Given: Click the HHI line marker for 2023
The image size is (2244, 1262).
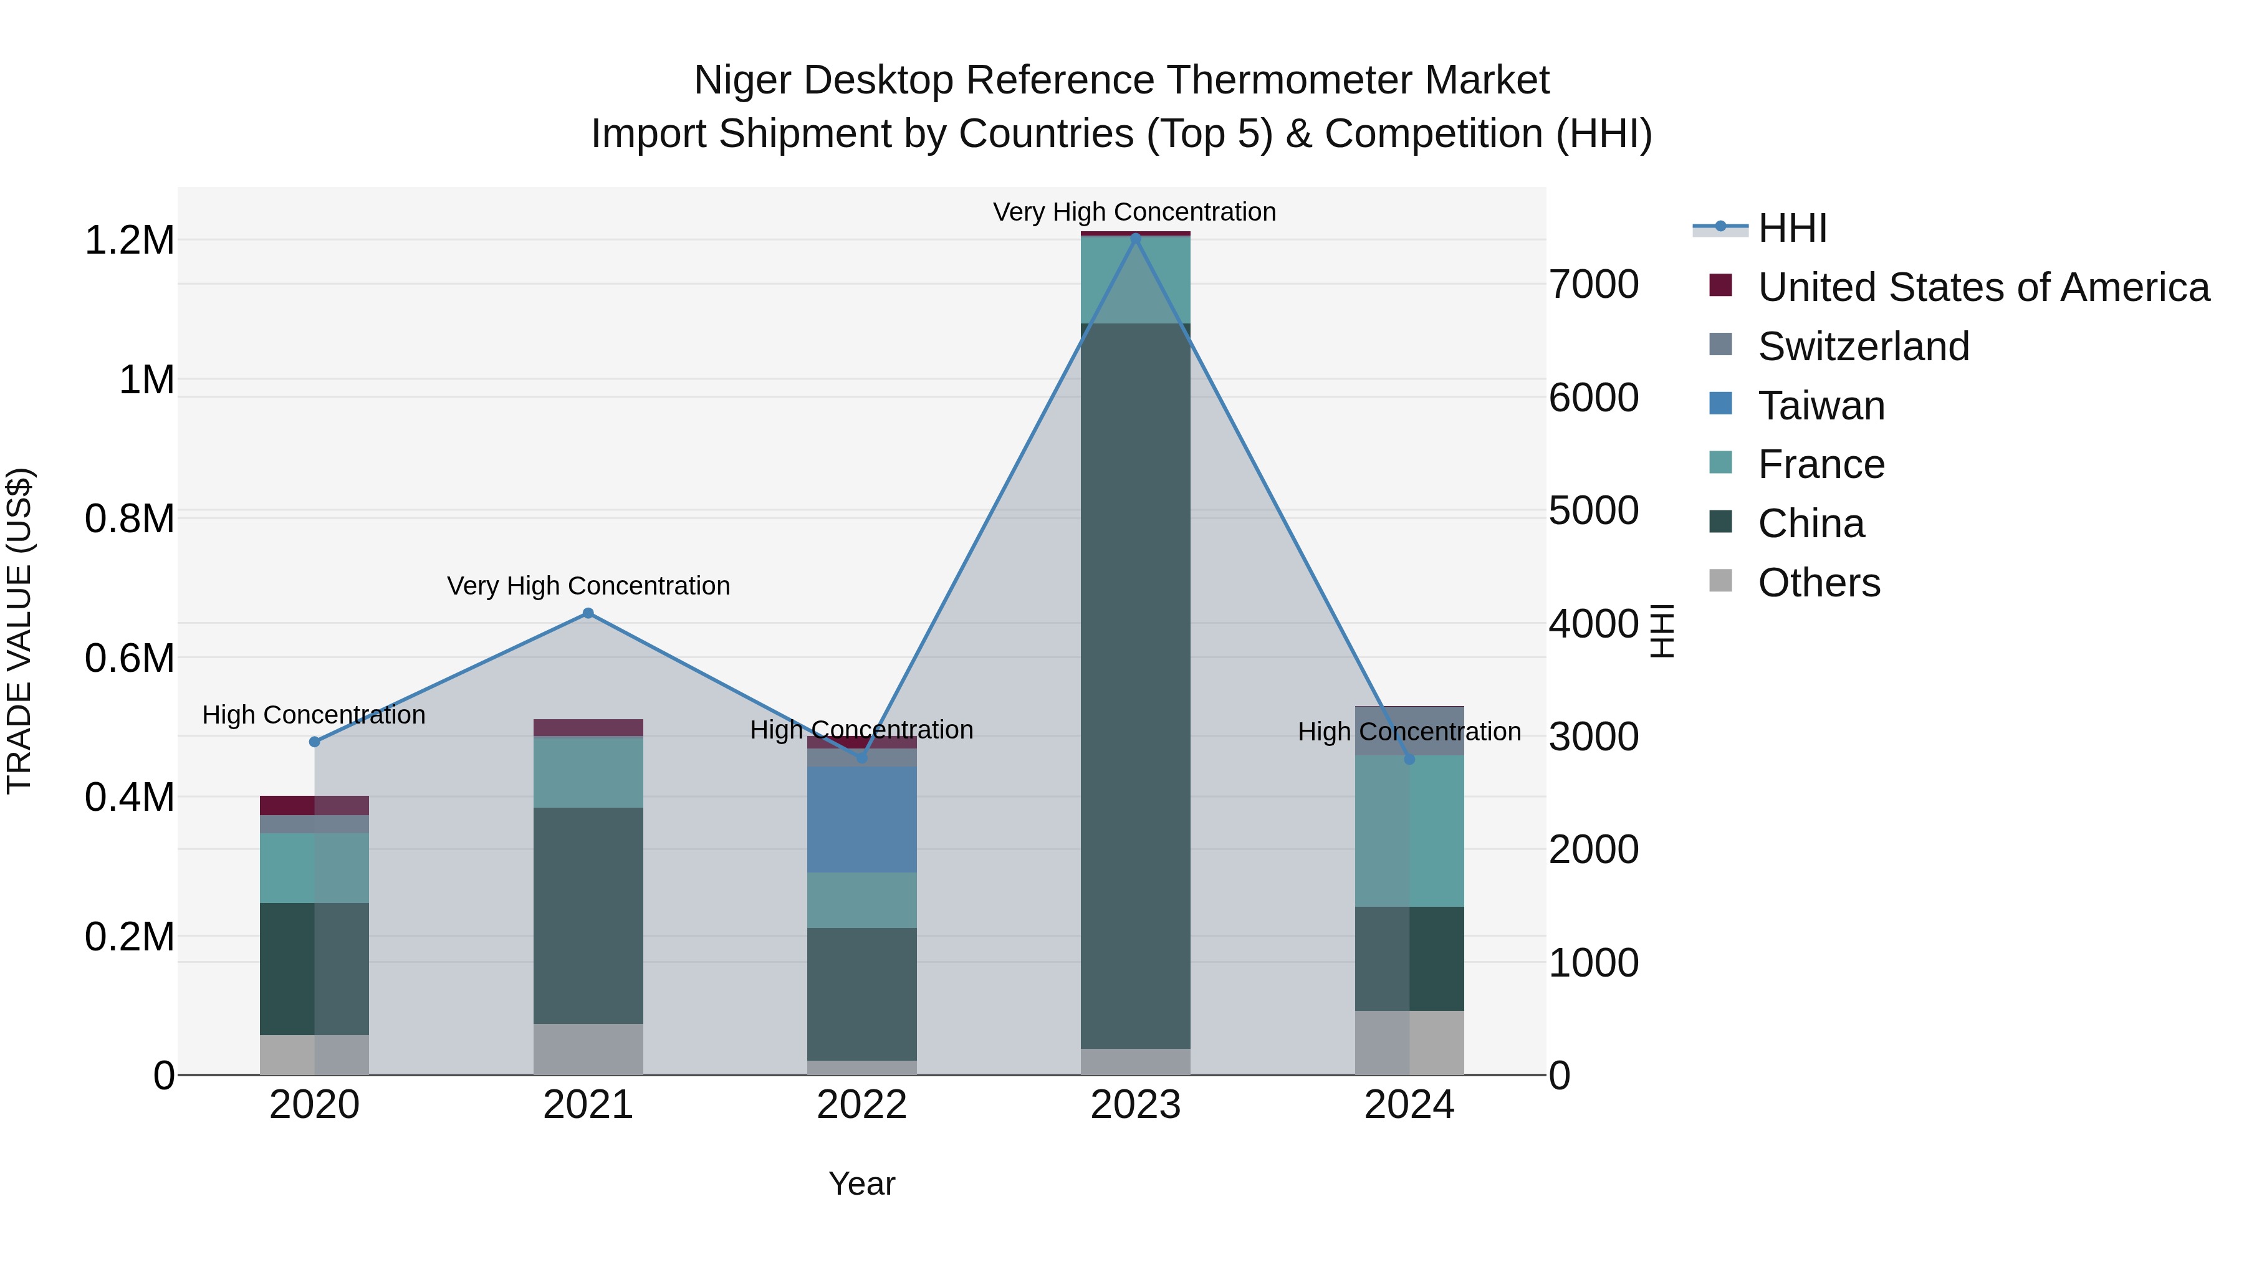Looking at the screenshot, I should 1135,237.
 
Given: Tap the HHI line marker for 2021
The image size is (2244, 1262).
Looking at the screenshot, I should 588,614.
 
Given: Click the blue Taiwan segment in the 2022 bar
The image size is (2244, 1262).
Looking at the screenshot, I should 861,819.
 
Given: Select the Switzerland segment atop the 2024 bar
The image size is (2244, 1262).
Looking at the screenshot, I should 1409,730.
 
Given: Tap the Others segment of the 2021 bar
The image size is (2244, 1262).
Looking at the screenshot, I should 588,1049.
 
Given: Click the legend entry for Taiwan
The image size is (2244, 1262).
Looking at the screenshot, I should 1821,406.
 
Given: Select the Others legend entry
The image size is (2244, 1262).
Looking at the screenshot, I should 1818,583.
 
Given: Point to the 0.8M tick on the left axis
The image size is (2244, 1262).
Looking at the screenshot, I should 129,519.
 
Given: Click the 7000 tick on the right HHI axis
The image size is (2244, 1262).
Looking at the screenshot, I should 1593,285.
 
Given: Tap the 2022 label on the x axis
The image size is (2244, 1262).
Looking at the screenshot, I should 861,1105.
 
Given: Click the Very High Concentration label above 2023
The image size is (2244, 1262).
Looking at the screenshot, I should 1134,212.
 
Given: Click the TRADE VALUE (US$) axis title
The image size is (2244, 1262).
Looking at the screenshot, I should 19,631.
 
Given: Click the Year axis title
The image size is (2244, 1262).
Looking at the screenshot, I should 861,1183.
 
